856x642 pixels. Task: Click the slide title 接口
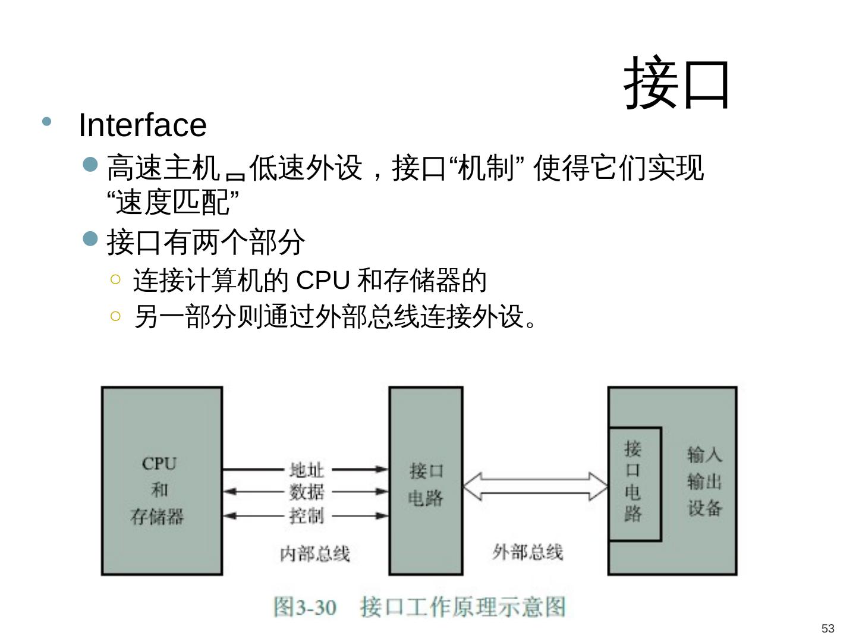tap(676, 83)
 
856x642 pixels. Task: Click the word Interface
tap(143, 125)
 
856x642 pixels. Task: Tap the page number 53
tap(827, 628)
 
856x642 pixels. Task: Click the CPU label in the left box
tap(159, 464)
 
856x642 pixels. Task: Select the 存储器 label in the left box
tap(158, 516)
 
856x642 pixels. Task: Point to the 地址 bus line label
tap(307, 470)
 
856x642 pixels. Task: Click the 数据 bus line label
tap(307, 492)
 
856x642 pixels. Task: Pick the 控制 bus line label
tap(307, 515)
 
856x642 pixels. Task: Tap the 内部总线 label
tap(314, 554)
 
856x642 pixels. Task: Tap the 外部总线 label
tap(527, 552)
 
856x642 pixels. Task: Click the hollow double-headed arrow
tap(535, 486)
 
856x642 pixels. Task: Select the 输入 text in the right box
tap(704, 455)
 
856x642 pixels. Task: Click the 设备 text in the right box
tap(704, 508)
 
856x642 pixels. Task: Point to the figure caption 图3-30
tap(304, 608)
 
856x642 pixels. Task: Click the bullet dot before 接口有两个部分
tap(90, 240)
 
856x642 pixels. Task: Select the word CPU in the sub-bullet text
tap(322, 281)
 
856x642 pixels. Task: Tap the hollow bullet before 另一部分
tap(116, 316)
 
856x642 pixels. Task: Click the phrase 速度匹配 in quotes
tap(173, 203)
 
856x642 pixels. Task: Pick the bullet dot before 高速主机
tap(90, 165)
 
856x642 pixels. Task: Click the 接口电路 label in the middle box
tap(426, 484)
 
